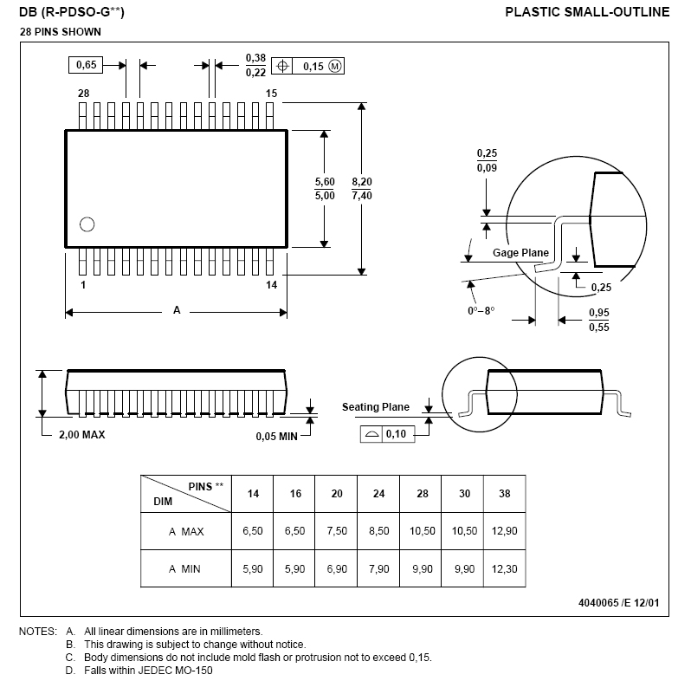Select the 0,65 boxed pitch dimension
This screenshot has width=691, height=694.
coord(87,65)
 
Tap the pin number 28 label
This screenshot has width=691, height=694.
coord(83,93)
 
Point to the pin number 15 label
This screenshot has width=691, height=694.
coord(271,93)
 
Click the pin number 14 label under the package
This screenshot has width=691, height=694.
coord(271,285)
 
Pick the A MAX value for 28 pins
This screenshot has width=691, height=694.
coord(421,531)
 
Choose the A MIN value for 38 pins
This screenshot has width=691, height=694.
coord(504,569)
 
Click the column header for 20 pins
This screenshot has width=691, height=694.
coord(337,493)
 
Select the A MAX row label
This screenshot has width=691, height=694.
coord(186,531)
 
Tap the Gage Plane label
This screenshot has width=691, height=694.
coord(521,253)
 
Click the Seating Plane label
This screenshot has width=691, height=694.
coord(376,407)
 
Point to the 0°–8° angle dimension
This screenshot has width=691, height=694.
coord(481,310)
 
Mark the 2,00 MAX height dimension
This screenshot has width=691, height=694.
coord(81,435)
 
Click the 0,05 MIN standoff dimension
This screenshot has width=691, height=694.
coord(276,436)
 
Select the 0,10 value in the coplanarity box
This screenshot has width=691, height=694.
coord(396,434)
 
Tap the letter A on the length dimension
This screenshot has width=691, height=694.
coord(177,310)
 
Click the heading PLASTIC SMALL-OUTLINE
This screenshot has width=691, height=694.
coord(587,11)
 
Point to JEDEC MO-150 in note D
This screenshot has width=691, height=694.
coord(181,670)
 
